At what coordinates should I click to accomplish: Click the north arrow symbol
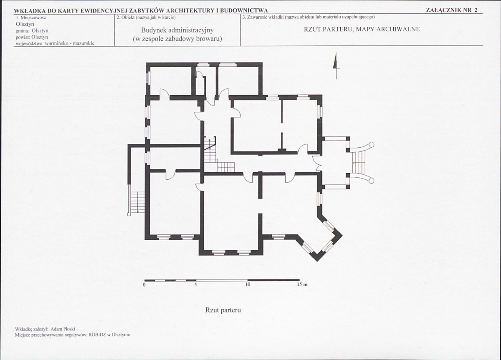pyautogui.click(x=336, y=66)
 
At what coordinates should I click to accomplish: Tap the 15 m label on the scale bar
pyautogui.click(x=302, y=284)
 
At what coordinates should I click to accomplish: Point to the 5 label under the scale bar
pyautogui.click(x=195, y=285)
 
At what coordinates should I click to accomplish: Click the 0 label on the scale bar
pyautogui.click(x=144, y=285)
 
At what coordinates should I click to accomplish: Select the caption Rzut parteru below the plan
pyautogui.click(x=223, y=310)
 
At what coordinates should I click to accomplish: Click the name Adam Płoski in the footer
pyautogui.click(x=63, y=329)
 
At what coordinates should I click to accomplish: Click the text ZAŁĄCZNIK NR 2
pyautogui.click(x=452, y=10)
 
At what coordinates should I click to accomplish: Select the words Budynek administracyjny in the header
pyautogui.click(x=177, y=30)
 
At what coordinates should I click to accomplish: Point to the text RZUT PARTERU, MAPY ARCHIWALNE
pyautogui.click(x=362, y=29)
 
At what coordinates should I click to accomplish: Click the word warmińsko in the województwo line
pyautogui.click(x=57, y=43)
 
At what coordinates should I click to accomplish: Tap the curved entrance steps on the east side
pyautogui.click(x=361, y=162)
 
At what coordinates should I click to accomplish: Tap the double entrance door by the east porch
pyautogui.click(x=317, y=163)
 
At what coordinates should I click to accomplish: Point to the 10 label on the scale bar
pyautogui.click(x=248, y=285)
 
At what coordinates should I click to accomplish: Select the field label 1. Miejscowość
pyautogui.click(x=30, y=18)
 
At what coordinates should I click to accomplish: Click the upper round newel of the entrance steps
pyautogui.click(x=372, y=144)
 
